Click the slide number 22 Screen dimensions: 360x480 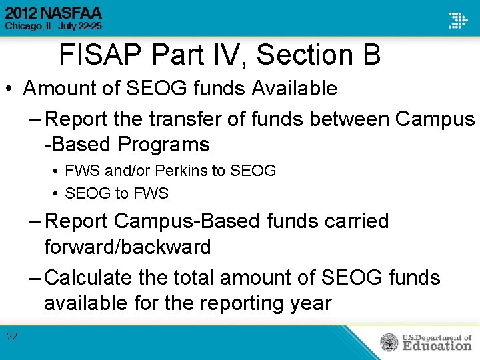click(x=12, y=336)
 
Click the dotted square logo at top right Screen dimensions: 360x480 click(x=457, y=20)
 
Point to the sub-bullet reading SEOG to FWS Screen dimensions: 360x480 click(x=117, y=194)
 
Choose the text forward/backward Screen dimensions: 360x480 click(x=127, y=247)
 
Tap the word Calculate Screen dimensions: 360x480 click(x=90, y=277)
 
